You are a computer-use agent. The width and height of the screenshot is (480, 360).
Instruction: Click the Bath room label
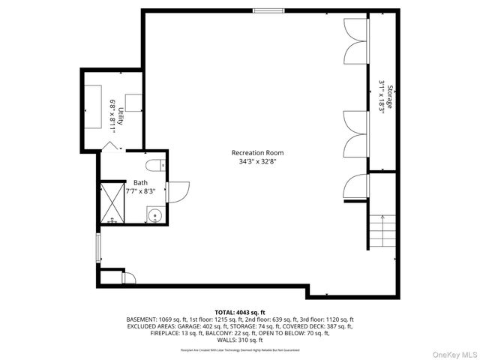click(x=140, y=182)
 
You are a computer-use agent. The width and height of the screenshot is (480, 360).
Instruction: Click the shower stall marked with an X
click(x=112, y=202)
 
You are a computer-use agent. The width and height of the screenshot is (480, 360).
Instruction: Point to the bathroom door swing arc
click(x=179, y=193)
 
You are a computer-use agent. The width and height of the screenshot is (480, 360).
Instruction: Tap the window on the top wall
click(x=268, y=10)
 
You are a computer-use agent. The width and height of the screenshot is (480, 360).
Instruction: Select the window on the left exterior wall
click(x=97, y=247)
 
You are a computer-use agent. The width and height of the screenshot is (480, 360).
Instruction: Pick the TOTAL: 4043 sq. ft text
click(x=240, y=312)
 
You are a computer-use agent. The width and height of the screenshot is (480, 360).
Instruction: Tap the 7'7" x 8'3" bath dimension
click(x=140, y=191)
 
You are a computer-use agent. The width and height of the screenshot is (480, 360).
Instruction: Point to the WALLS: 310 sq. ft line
click(x=240, y=340)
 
